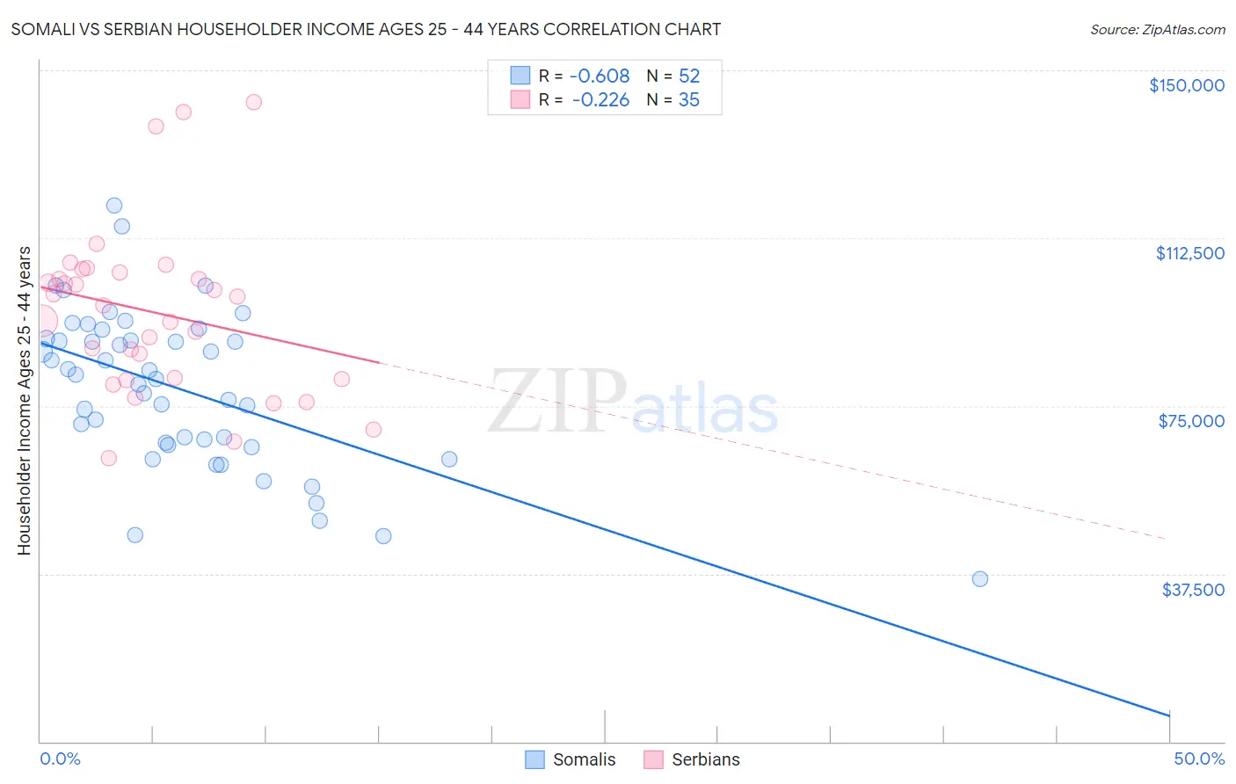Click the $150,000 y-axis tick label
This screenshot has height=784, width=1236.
[x=1186, y=85]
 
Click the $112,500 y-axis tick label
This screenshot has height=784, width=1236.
[x=1189, y=253]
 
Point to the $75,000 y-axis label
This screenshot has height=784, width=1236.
[x=1191, y=421]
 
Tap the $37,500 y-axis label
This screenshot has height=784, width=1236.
[x=1192, y=590]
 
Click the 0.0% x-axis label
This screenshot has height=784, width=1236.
[x=60, y=759]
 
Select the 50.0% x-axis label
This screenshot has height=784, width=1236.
[x=1198, y=759]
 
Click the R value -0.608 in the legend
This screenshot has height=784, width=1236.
[x=600, y=76]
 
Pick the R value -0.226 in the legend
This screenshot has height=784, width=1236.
[x=600, y=100]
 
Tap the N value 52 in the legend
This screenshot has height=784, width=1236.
[x=689, y=76]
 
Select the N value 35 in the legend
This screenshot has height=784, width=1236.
[x=689, y=100]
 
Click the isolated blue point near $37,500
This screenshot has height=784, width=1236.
[x=980, y=578]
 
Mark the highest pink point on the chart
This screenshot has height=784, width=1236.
[x=253, y=102]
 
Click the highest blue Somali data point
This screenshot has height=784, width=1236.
[x=114, y=206]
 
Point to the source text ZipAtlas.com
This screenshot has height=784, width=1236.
[x=1157, y=30]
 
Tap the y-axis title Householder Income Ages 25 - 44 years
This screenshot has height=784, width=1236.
[x=24, y=401]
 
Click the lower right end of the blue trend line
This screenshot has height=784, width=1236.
[x=1168, y=715]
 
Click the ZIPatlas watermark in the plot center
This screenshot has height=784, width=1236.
[x=633, y=403]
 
